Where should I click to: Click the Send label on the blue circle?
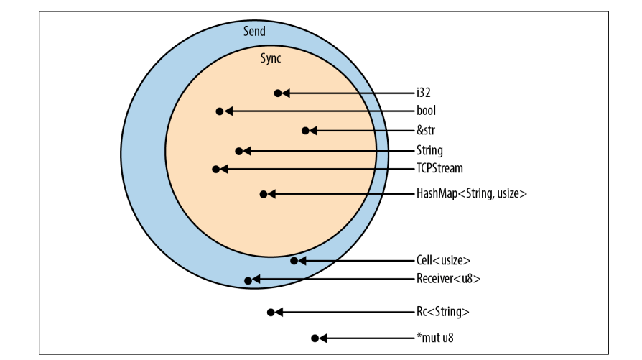254,31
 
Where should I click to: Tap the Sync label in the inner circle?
270,59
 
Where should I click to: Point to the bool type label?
426,111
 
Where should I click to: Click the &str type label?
427,131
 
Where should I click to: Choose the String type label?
429,151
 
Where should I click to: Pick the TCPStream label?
439,169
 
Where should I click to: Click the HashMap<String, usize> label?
472,194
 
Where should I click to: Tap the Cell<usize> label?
443,260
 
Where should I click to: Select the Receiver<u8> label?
448,280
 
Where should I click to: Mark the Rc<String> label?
443,312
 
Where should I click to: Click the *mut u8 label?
436,338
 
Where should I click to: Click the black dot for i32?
277,93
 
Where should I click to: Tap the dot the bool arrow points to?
219,111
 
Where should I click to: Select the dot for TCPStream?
215,169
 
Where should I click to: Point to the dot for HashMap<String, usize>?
264,194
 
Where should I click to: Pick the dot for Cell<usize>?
294,260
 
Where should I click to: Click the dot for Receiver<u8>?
248,280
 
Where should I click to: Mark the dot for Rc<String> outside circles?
270,312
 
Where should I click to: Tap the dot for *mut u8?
314,338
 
